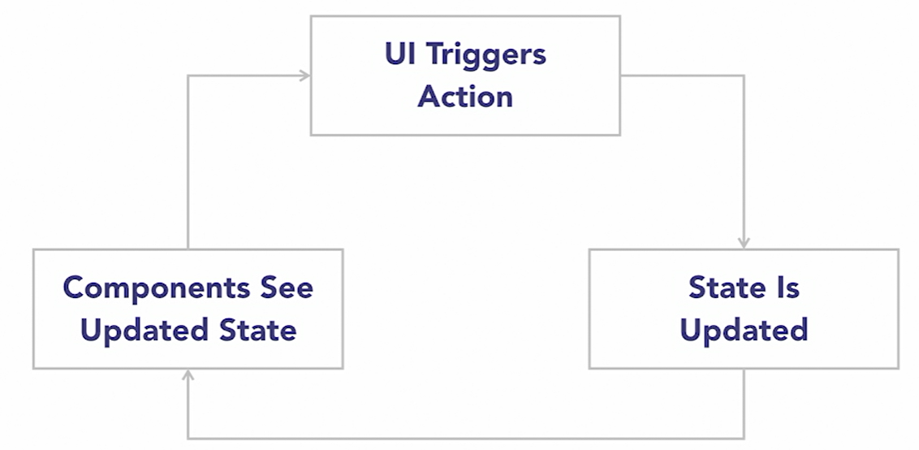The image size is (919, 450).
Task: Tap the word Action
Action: [465, 97]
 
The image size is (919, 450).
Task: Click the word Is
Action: [784, 288]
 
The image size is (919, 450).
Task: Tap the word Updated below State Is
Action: [744, 331]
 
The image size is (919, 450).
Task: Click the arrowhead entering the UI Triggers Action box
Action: [305, 76]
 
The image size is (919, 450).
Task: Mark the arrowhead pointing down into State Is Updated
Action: [744, 243]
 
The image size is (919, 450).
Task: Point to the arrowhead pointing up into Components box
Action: [188, 375]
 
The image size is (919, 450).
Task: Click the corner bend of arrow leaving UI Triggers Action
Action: [744, 76]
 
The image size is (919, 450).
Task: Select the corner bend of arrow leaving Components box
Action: [188, 76]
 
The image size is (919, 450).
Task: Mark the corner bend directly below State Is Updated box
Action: [744, 439]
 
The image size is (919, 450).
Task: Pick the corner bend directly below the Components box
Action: [188, 439]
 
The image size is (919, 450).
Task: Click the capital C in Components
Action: [74, 288]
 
